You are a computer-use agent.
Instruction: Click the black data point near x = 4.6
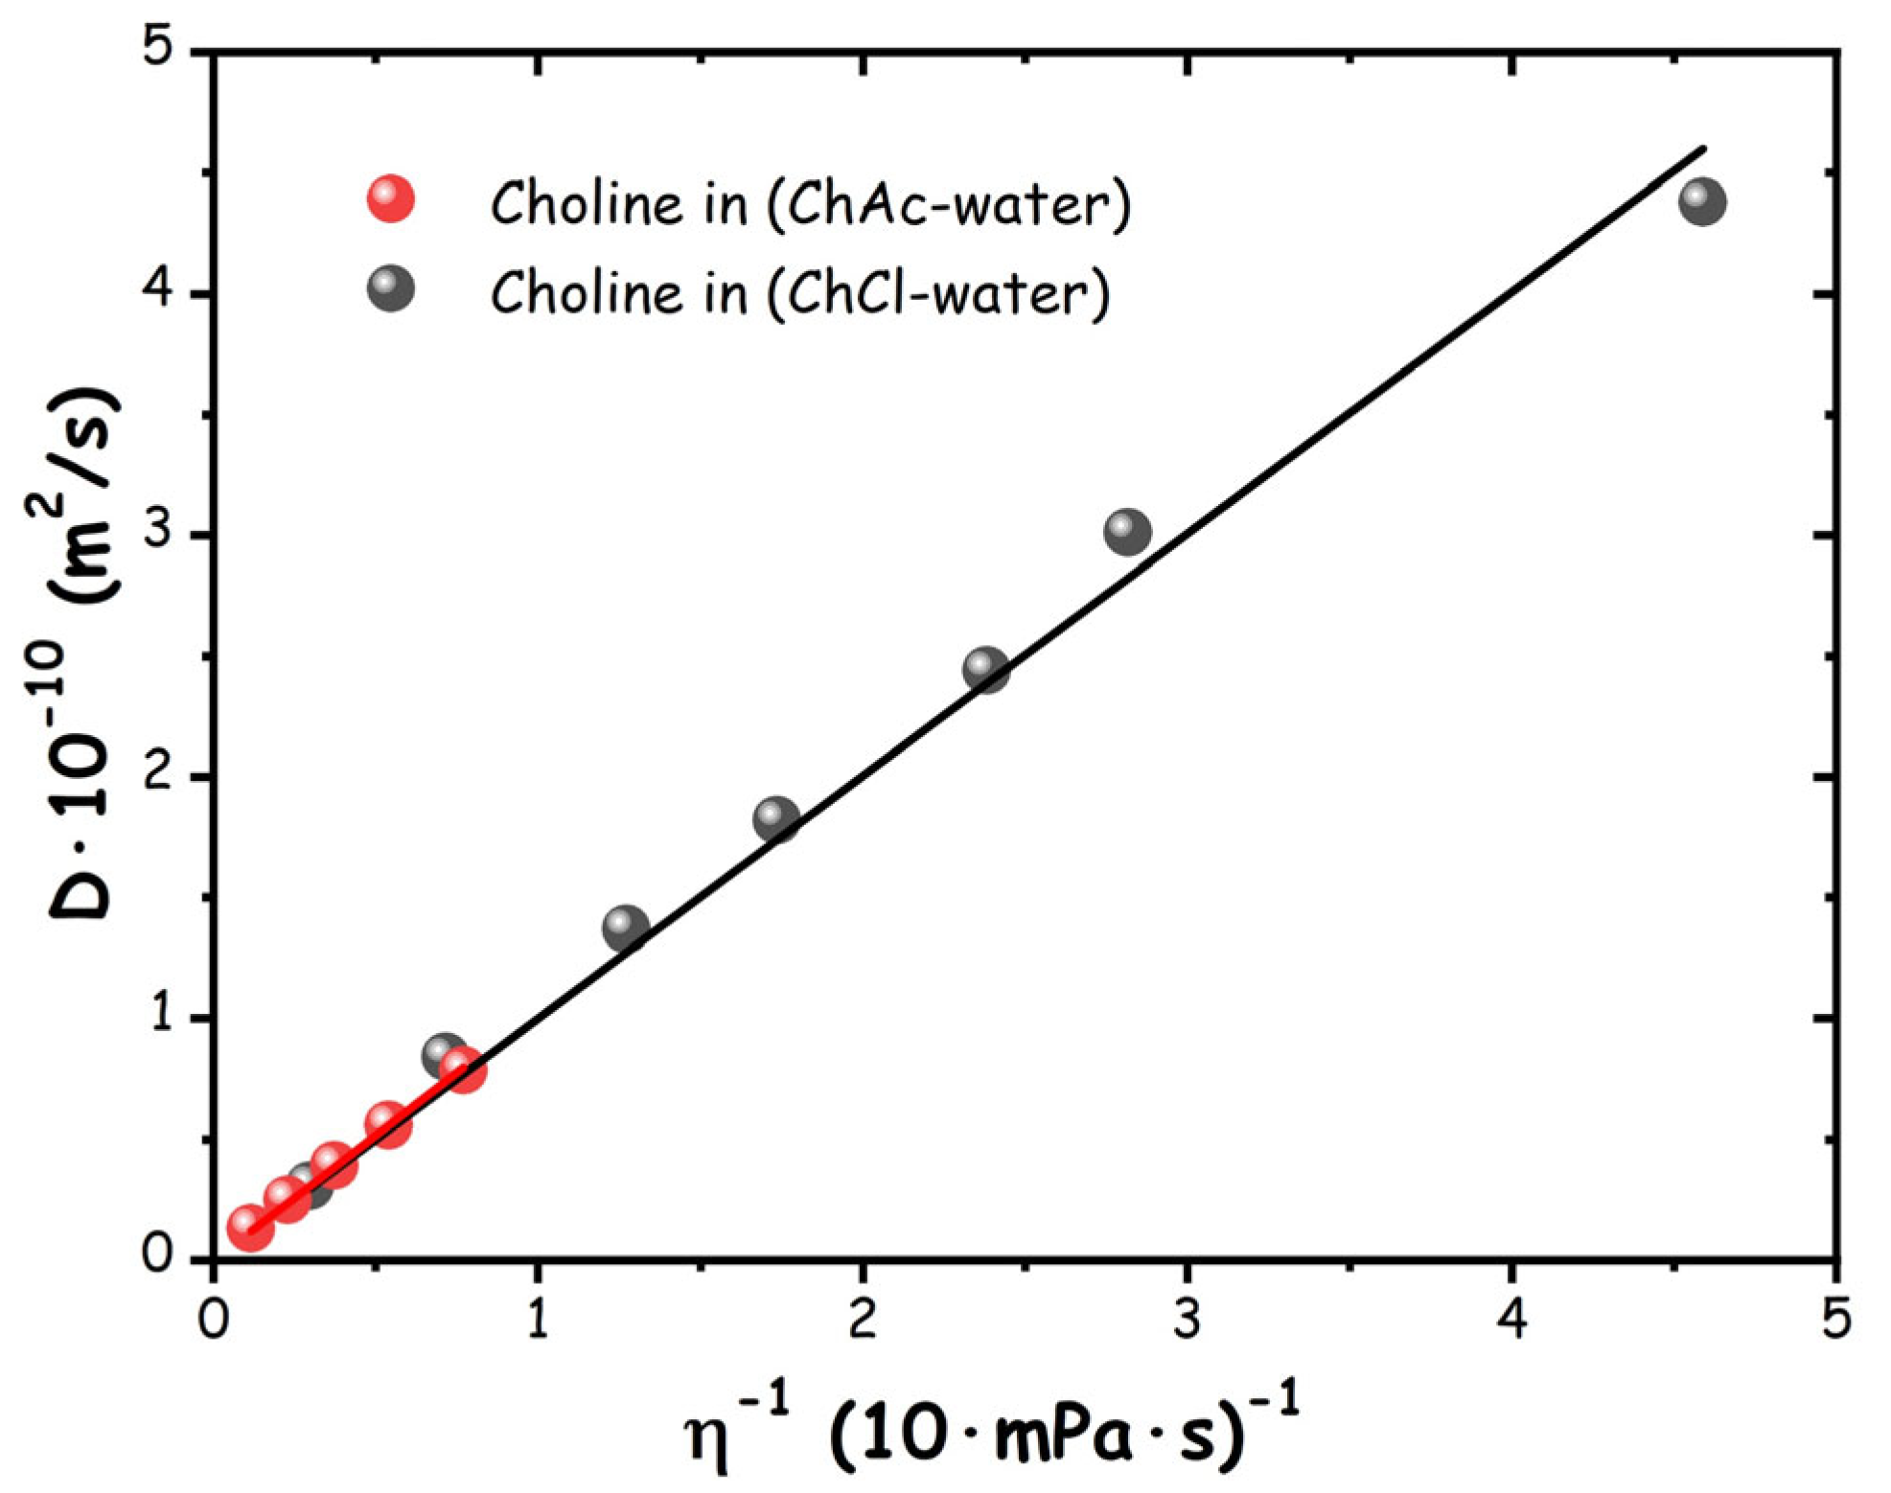tap(1702, 201)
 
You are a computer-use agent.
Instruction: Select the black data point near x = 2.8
tap(1127, 531)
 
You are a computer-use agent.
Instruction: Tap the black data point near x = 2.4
tap(986, 668)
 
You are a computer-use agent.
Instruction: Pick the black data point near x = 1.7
tap(776, 818)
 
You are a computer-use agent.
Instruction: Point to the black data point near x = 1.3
tap(626, 927)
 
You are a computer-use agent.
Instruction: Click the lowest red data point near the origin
tap(250, 1228)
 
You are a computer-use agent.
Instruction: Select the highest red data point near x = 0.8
tap(464, 1068)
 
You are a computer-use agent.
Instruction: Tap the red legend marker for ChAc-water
tap(391, 199)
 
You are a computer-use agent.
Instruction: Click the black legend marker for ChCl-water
tap(391, 287)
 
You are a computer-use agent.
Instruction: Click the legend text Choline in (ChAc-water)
tap(810, 203)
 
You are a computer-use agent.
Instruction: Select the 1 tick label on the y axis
tap(160, 1016)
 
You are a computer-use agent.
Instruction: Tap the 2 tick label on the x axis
tap(863, 1320)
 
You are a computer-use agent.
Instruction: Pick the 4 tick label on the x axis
tap(1511, 1320)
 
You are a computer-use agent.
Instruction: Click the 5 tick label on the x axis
tap(1835, 1320)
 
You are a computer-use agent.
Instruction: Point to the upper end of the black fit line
tap(1702, 149)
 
